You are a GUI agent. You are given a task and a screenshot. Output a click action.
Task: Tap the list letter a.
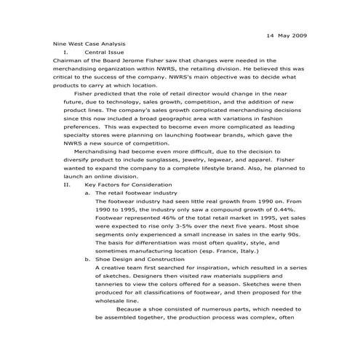click(x=87, y=193)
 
